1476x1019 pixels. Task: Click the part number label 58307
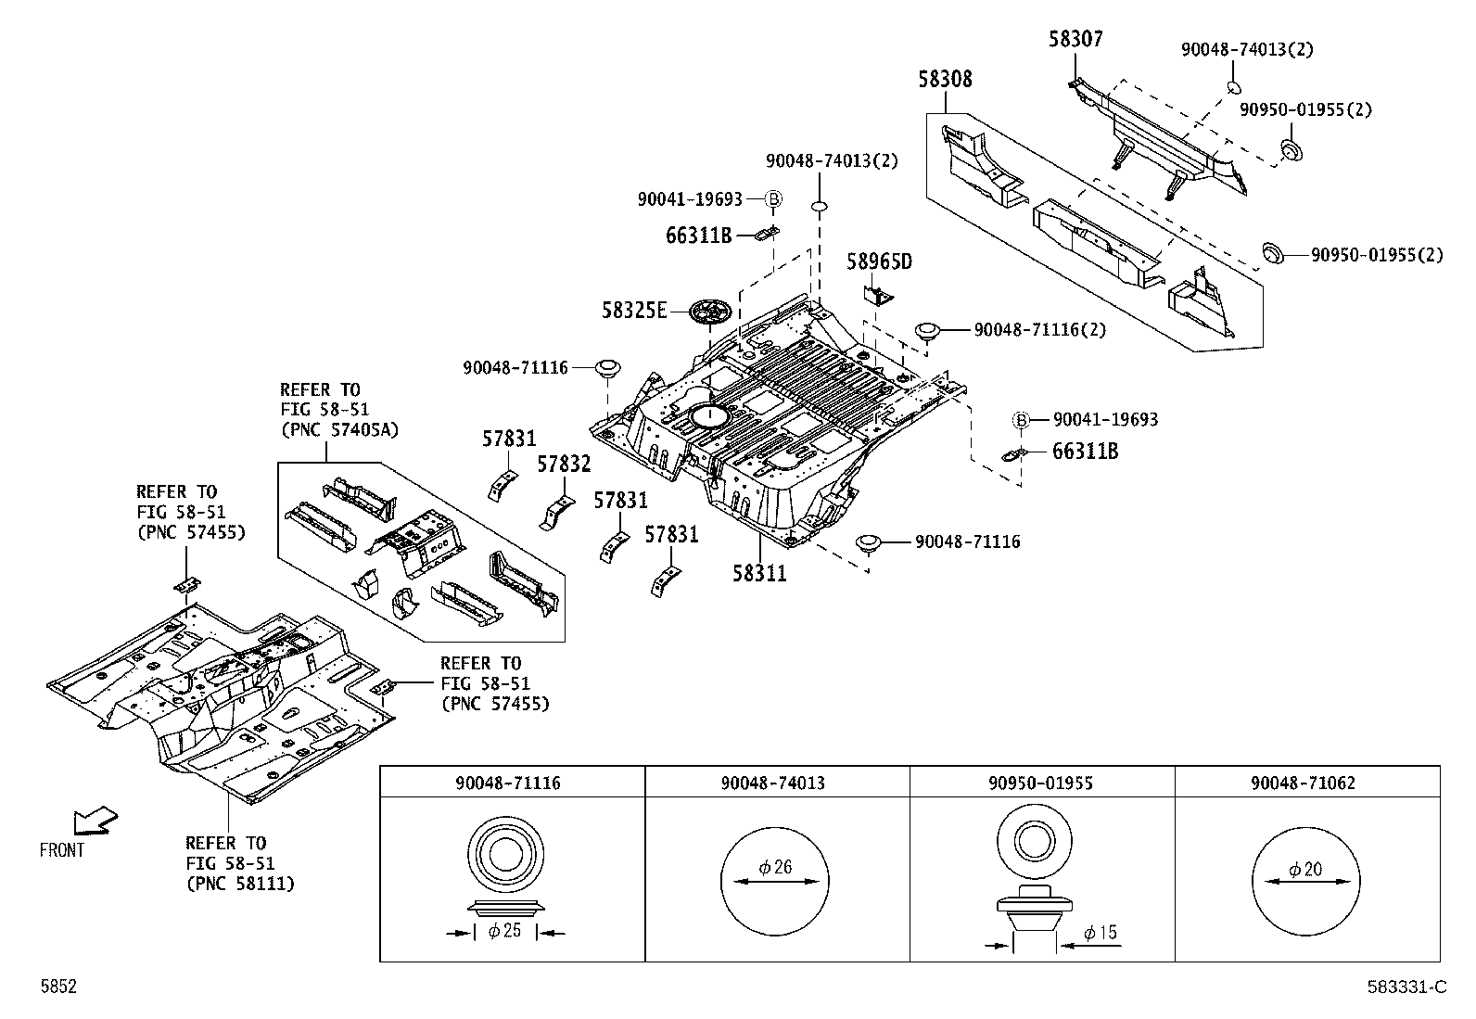pos(1075,39)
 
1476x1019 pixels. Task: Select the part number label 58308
pos(945,80)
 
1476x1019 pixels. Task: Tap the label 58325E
pos(634,311)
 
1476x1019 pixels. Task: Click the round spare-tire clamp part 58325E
pos(711,312)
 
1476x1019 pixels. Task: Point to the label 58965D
pos(879,262)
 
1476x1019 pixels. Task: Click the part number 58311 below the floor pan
pos(759,574)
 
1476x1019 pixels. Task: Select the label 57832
pos(564,465)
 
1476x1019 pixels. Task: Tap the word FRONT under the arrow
pos(62,849)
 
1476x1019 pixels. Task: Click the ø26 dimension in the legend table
pos(775,868)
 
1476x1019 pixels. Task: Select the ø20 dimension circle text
pos(1305,870)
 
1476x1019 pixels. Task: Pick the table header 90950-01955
pos(1041,783)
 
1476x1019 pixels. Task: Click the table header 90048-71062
pos(1302,783)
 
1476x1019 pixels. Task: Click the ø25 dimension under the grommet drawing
pos(504,931)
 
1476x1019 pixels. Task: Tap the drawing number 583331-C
pos(1406,987)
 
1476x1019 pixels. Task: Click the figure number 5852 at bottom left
pos(57,987)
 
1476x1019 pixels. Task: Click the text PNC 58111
pos(240,884)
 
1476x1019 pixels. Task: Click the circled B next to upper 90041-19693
pos(774,199)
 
